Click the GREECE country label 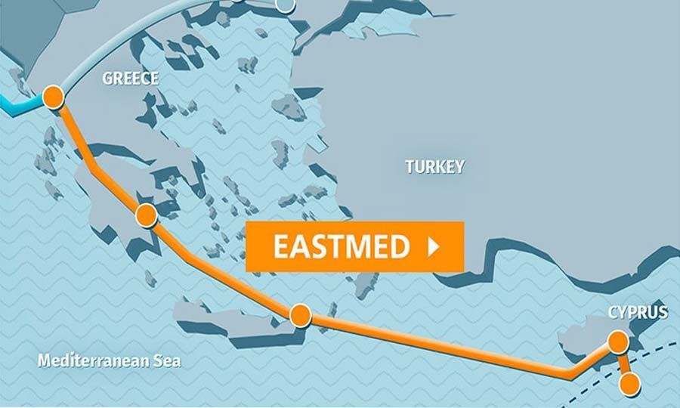click(131, 79)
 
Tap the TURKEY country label click(434, 166)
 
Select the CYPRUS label click(638, 312)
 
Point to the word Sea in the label click(168, 361)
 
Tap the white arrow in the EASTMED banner click(434, 247)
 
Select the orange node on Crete click(301, 314)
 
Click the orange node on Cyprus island click(618, 342)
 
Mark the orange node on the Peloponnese click(145, 215)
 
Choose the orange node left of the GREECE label click(53, 97)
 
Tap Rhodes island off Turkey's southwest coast click(368, 282)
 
